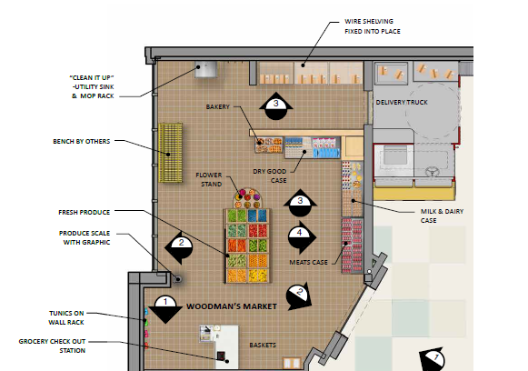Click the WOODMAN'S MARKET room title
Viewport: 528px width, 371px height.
[x=232, y=306]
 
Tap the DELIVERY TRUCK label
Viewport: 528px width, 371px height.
[x=402, y=102]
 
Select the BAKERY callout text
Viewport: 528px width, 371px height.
[x=217, y=106]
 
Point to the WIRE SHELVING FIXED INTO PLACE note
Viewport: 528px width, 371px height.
[x=373, y=26]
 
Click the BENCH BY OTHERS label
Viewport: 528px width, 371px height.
[x=82, y=142]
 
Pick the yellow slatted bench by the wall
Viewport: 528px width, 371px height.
[x=171, y=153]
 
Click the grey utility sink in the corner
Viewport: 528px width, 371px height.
[x=205, y=70]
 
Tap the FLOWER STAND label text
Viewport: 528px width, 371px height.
[x=209, y=180]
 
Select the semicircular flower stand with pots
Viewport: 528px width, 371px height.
[x=247, y=198]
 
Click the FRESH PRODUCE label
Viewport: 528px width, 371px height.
[x=85, y=212]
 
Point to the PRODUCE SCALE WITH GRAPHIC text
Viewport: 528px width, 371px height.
[x=85, y=237]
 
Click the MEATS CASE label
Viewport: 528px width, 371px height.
[x=308, y=262]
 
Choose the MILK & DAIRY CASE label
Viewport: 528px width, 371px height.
[x=442, y=216]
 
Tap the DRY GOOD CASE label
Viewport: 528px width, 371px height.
[x=270, y=175]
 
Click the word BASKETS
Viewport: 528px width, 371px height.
[x=263, y=345]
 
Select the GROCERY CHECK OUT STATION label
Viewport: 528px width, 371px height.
[x=52, y=346]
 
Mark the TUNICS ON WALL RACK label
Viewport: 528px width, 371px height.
[x=66, y=317]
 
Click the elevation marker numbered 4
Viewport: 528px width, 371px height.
[x=302, y=237]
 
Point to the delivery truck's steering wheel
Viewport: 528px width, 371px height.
[x=432, y=172]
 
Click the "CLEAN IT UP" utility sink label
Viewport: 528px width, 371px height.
[x=92, y=87]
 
